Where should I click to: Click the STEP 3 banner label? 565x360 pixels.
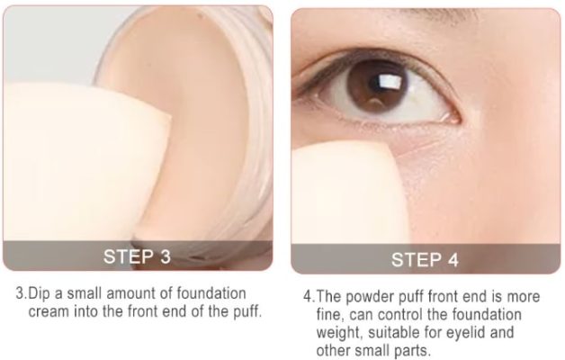pos(138,255)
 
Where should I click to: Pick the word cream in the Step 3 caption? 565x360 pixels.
pos(47,311)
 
